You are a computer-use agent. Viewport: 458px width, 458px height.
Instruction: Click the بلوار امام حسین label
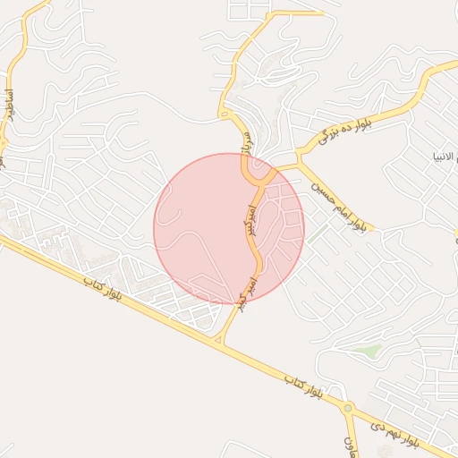[339, 205]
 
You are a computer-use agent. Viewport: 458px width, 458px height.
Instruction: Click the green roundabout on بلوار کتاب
[346, 410]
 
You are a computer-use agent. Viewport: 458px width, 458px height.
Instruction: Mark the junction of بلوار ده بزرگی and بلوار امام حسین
[299, 163]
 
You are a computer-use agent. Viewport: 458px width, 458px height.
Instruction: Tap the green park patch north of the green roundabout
[369, 351]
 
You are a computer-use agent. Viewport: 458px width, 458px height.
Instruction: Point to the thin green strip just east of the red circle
[316, 234]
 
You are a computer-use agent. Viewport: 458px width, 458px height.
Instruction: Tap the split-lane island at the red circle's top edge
[258, 167]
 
